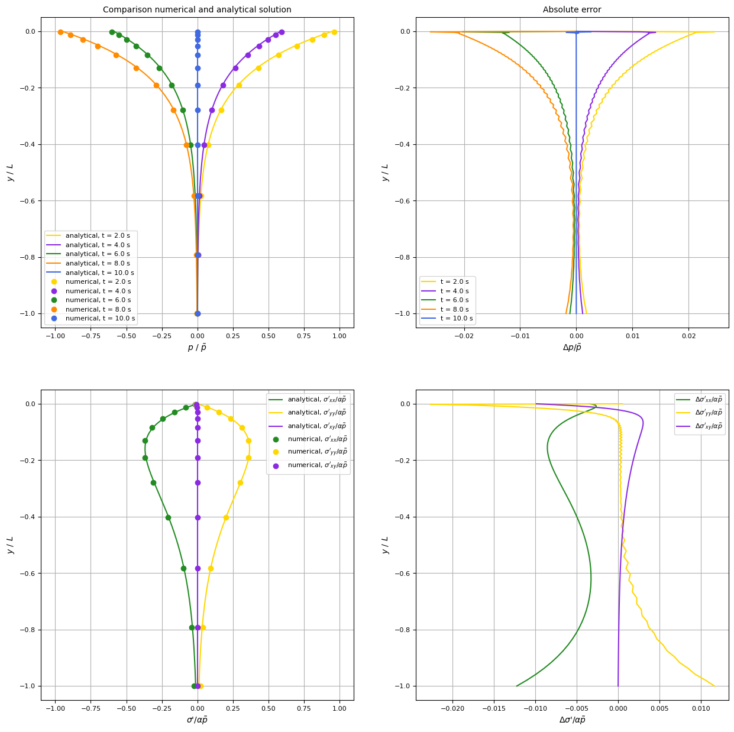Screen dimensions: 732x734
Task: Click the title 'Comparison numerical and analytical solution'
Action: pyautogui.click(x=197, y=9)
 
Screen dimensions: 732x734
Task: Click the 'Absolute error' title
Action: pyautogui.click(x=572, y=9)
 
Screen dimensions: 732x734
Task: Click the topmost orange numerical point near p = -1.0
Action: pyautogui.click(x=60, y=32)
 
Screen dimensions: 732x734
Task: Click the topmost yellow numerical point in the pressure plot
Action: pyautogui.click(x=334, y=32)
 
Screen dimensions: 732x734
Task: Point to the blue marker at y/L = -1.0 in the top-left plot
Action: pyautogui.click(x=198, y=313)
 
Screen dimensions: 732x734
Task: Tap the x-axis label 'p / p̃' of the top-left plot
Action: pyautogui.click(x=197, y=348)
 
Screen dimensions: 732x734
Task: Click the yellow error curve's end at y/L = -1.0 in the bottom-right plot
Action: pyautogui.click(x=714, y=686)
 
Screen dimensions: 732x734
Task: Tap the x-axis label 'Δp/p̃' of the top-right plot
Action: pyautogui.click(x=572, y=348)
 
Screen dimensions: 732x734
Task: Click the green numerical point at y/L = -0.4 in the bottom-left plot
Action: pyautogui.click(x=168, y=517)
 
